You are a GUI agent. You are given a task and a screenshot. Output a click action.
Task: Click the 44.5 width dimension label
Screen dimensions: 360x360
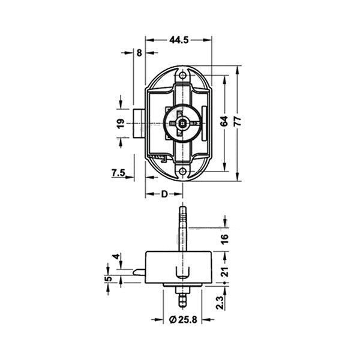179,40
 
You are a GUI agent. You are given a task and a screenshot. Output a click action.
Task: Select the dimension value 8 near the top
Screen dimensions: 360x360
139,53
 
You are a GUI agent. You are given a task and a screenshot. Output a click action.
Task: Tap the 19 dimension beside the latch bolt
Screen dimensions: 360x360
121,124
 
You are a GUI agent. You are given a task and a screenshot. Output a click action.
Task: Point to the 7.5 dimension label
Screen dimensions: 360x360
118,173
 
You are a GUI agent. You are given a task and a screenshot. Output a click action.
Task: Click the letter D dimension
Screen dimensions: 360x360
164,194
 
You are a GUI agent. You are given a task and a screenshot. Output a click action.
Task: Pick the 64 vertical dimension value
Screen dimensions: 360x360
224,121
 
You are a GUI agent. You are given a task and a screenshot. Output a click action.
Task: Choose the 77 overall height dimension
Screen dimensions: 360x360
238,121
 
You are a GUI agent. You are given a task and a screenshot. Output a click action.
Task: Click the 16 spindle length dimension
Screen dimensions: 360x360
225,239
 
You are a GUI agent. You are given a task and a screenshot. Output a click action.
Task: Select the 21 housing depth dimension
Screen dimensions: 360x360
225,272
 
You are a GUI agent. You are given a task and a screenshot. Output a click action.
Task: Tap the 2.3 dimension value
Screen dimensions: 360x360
220,303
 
